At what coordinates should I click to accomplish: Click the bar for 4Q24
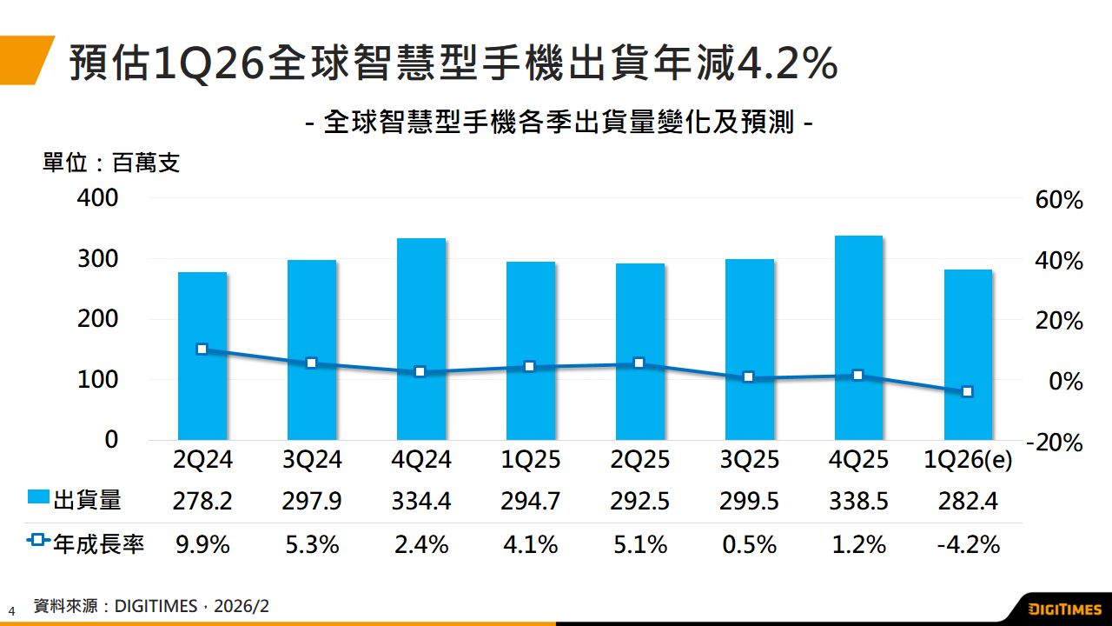pos(421,338)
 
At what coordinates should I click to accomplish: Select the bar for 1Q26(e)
pos(968,354)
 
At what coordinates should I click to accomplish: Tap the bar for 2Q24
pos(202,356)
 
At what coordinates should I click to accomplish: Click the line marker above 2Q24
pos(202,350)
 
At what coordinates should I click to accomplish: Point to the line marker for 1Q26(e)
pos(968,392)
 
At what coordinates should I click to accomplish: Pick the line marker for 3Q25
pos(749,377)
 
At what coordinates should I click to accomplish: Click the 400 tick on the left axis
pos(98,198)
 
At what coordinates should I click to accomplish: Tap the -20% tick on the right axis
pos(1054,443)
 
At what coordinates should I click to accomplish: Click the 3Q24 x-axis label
pos(312,460)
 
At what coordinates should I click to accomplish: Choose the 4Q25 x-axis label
pos(858,460)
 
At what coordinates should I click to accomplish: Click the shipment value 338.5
pos(858,501)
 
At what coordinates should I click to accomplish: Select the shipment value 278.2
pos(202,501)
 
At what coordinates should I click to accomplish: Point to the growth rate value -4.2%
pos(968,545)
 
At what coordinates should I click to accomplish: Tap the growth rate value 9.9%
pos(202,545)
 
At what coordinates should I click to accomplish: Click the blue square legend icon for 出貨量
pos(38,498)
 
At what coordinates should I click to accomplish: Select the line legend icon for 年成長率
pos(38,541)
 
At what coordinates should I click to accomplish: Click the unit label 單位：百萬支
pos(111,163)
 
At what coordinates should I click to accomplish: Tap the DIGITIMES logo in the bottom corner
pos(1063,609)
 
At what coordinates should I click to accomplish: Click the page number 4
pos(12,610)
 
